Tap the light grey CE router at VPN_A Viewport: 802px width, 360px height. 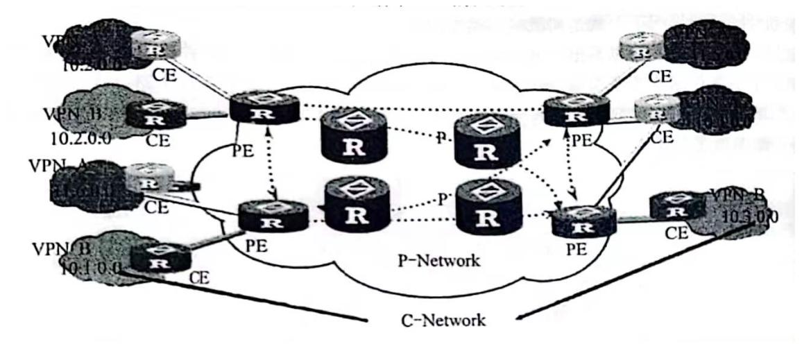(x=148, y=180)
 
